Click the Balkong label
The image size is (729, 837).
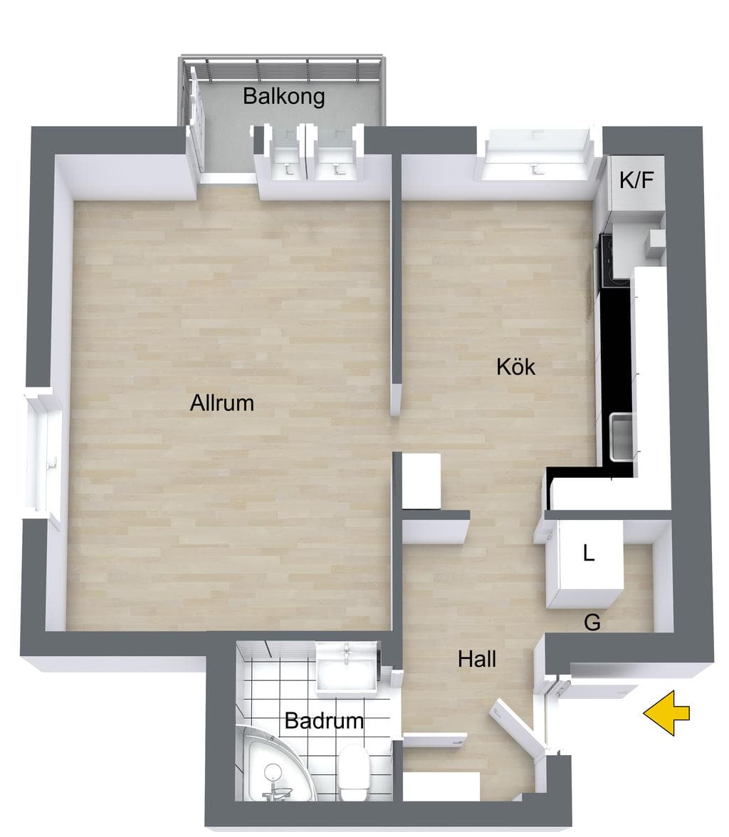click(x=283, y=97)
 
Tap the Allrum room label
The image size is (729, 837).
click(x=222, y=402)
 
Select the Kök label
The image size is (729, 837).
click(x=515, y=367)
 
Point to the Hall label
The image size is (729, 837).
click(x=477, y=659)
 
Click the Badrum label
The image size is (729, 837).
click(x=324, y=721)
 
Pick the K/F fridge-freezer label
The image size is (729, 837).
click(x=636, y=180)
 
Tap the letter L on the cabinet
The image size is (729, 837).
click(x=589, y=553)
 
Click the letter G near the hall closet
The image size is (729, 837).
click(x=592, y=622)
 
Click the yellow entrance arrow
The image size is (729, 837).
click(x=666, y=712)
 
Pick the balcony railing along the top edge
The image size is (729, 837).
click(x=282, y=68)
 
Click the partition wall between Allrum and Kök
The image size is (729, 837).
click(x=395, y=283)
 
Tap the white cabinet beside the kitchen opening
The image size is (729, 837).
click(x=421, y=480)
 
